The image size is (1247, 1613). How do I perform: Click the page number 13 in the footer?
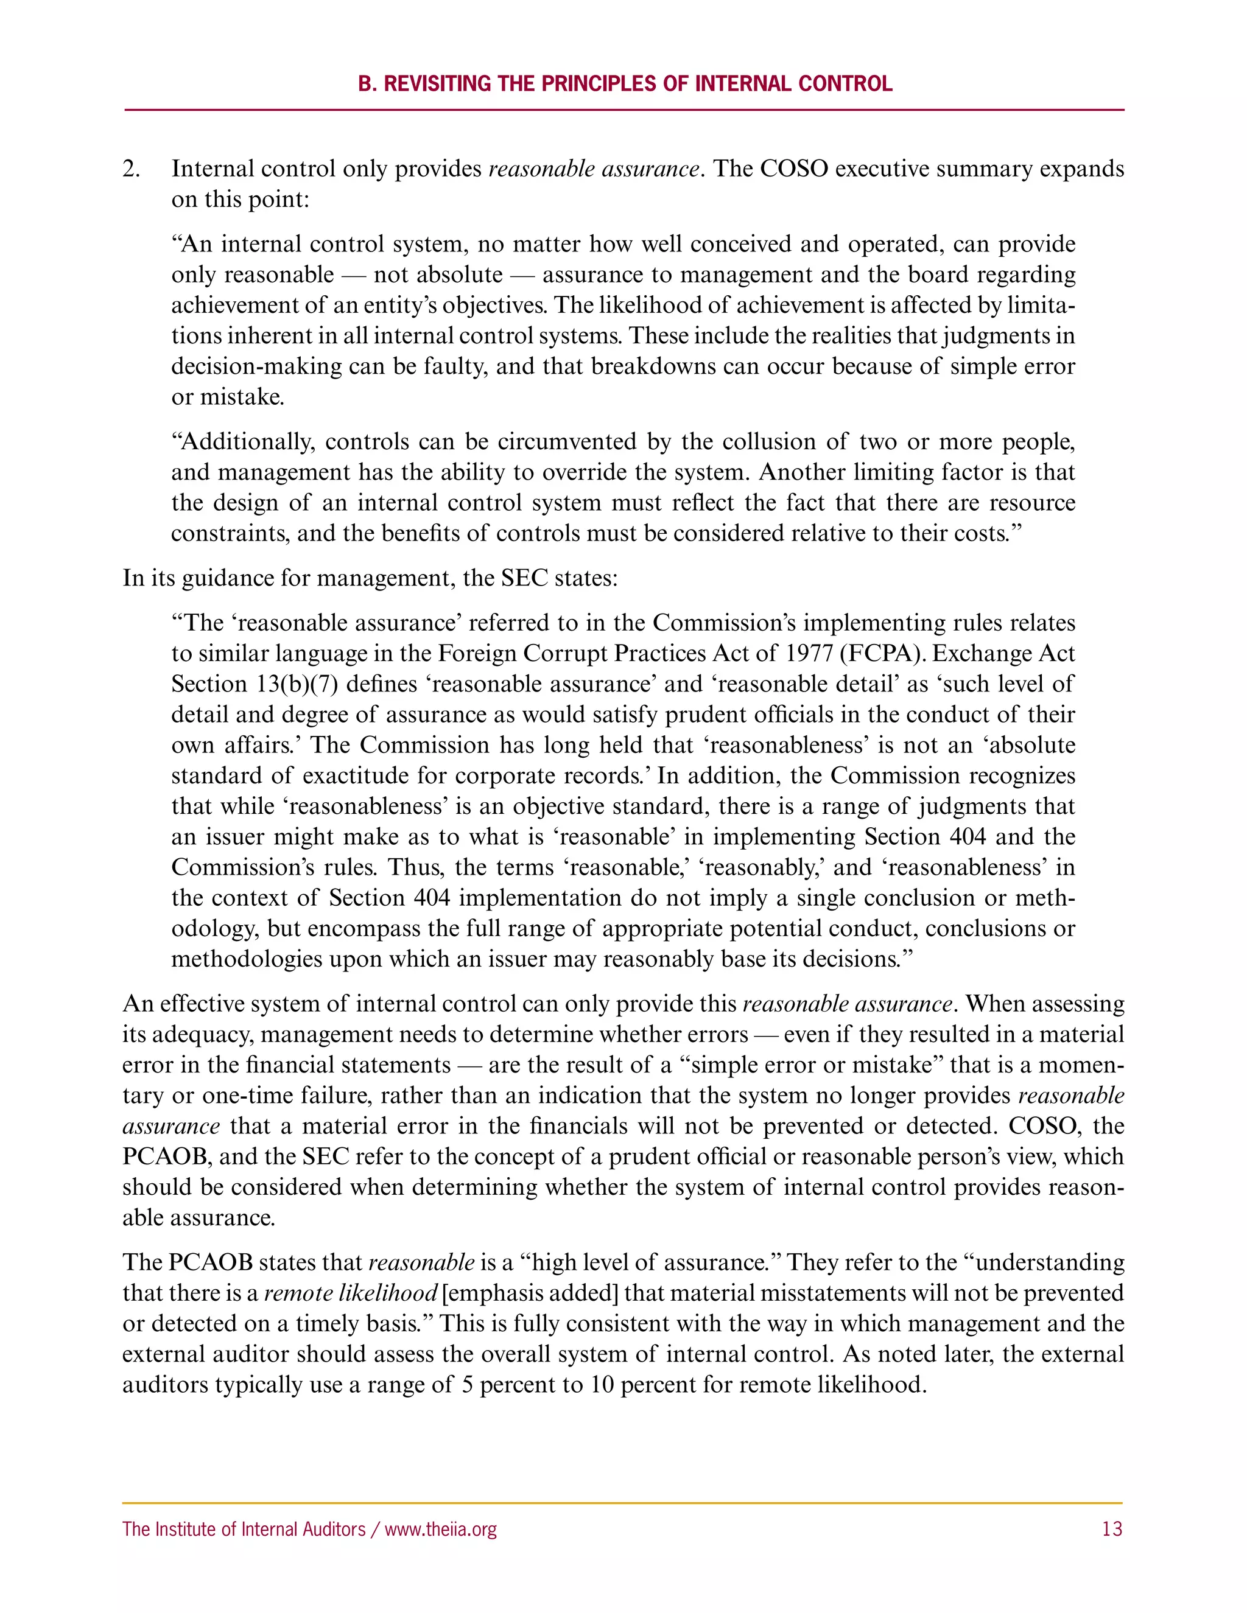[x=1111, y=1529]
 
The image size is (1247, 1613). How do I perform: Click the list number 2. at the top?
[x=132, y=169]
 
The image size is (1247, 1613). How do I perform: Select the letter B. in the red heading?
[x=367, y=83]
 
